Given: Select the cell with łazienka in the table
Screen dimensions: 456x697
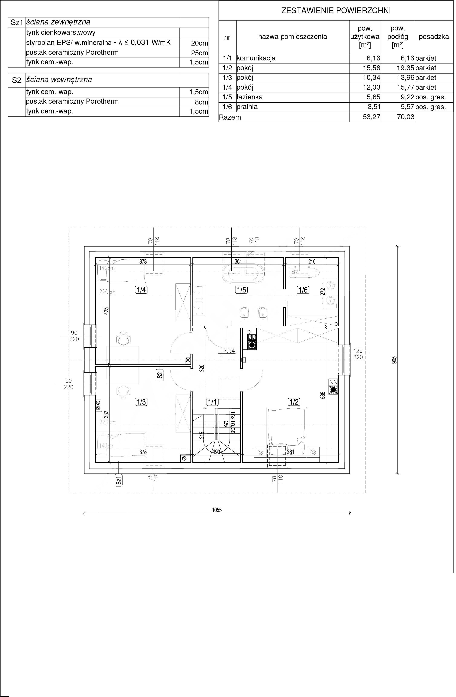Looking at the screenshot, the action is [x=250, y=97].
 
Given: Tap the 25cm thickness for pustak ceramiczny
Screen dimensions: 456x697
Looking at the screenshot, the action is [x=199, y=53].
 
